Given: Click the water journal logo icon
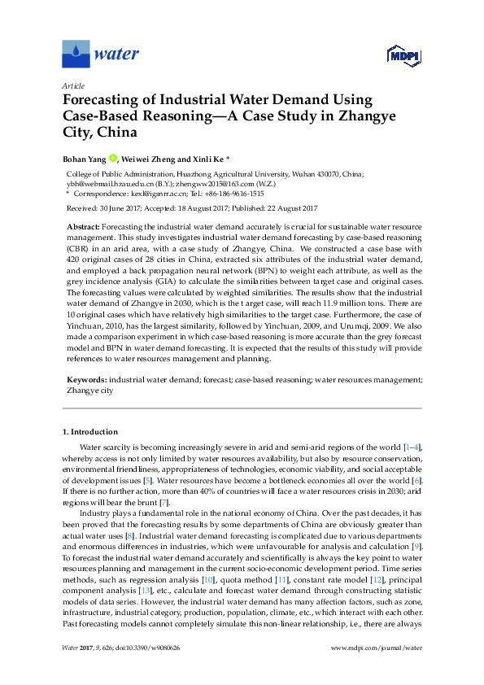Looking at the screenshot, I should [76, 54].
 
